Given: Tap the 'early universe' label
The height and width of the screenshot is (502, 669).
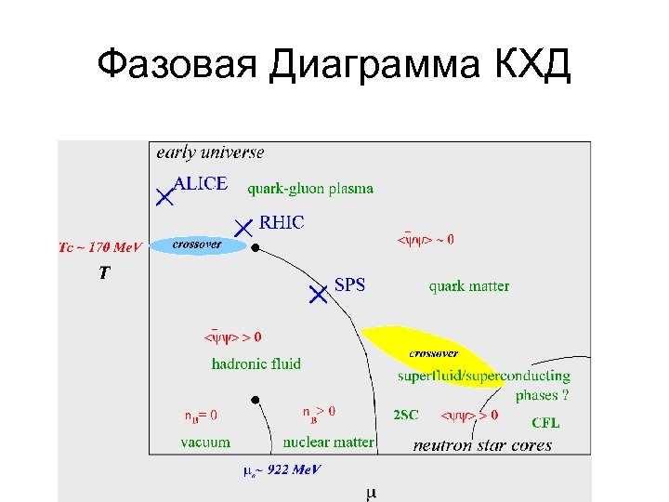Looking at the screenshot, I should tap(210, 152).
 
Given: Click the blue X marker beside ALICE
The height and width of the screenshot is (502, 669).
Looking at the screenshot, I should tap(164, 196).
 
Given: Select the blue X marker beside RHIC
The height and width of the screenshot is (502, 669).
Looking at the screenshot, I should tap(243, 227).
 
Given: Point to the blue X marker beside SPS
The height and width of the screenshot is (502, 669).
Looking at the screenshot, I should tap(318, 294).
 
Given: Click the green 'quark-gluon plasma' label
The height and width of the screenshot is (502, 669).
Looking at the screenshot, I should tap(310, 189).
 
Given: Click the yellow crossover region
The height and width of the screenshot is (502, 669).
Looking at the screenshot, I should tap(433, 354).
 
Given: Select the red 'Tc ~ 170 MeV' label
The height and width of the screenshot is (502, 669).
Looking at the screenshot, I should tap(100, 248).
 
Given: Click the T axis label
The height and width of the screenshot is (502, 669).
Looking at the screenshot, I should tap(106, 273).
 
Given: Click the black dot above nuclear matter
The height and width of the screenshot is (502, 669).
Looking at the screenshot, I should tap(254, 400).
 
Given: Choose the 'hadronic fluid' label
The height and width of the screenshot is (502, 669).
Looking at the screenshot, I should tap(256, 363).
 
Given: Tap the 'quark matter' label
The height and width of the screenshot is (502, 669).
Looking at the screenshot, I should tap(469, 286).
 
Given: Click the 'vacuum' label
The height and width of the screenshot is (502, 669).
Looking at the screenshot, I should tap(205, 443).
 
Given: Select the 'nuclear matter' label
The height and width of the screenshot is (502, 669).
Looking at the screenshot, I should tap(329, 443).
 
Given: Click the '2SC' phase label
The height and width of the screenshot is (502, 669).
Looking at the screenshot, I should tap(405, 416).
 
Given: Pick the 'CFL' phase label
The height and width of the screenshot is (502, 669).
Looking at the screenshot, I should tap(545, 423).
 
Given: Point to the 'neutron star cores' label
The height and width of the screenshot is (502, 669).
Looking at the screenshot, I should tap(482, 445).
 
